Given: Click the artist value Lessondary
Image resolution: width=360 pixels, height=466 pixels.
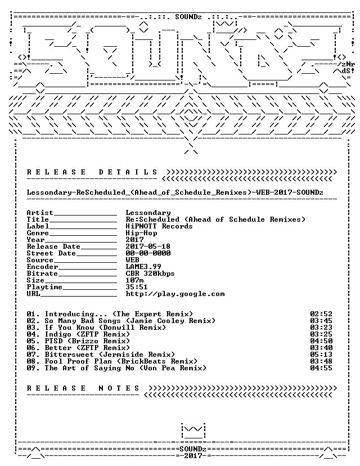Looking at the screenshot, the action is click(x=148, y=213).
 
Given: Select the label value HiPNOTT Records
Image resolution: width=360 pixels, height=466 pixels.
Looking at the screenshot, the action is click(x=159, y=226).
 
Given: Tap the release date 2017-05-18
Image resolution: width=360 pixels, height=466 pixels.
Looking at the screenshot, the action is click(x=148, y=247).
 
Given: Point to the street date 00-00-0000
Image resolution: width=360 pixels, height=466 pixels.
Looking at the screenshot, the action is click(x=148, y=253).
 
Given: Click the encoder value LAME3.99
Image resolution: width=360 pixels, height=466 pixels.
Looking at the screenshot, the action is click(x=143, y=267).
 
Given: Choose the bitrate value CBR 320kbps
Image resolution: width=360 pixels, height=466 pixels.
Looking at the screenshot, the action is click(x=150, y=274).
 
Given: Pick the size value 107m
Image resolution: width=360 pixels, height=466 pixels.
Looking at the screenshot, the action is click(x=134, y=280).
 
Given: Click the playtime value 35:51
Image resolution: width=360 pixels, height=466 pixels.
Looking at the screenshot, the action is click(x=137, y=287).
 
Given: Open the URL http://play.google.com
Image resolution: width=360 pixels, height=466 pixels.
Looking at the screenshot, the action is click(x=175, y=294).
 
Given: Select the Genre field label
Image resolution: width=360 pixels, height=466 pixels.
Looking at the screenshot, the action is click(x=38, y=233).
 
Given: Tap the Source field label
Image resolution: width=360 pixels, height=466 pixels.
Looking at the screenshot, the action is click(x=40, y=260).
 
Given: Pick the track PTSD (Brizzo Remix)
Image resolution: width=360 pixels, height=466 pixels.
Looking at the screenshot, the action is click(x=87, y=341).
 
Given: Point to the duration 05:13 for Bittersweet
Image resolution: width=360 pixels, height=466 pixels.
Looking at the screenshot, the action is click(x=321, y=355).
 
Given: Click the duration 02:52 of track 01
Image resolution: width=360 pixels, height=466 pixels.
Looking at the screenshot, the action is click(x=321, y=314).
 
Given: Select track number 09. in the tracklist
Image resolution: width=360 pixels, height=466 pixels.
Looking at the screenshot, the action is click(x=33, y=368).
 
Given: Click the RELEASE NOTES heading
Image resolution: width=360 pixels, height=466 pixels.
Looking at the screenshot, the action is click(x=83, y=388).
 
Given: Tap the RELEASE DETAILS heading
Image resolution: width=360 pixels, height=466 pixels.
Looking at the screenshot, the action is click(x=92, y=172).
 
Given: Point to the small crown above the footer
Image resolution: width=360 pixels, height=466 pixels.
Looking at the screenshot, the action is click(x=193, y=431).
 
